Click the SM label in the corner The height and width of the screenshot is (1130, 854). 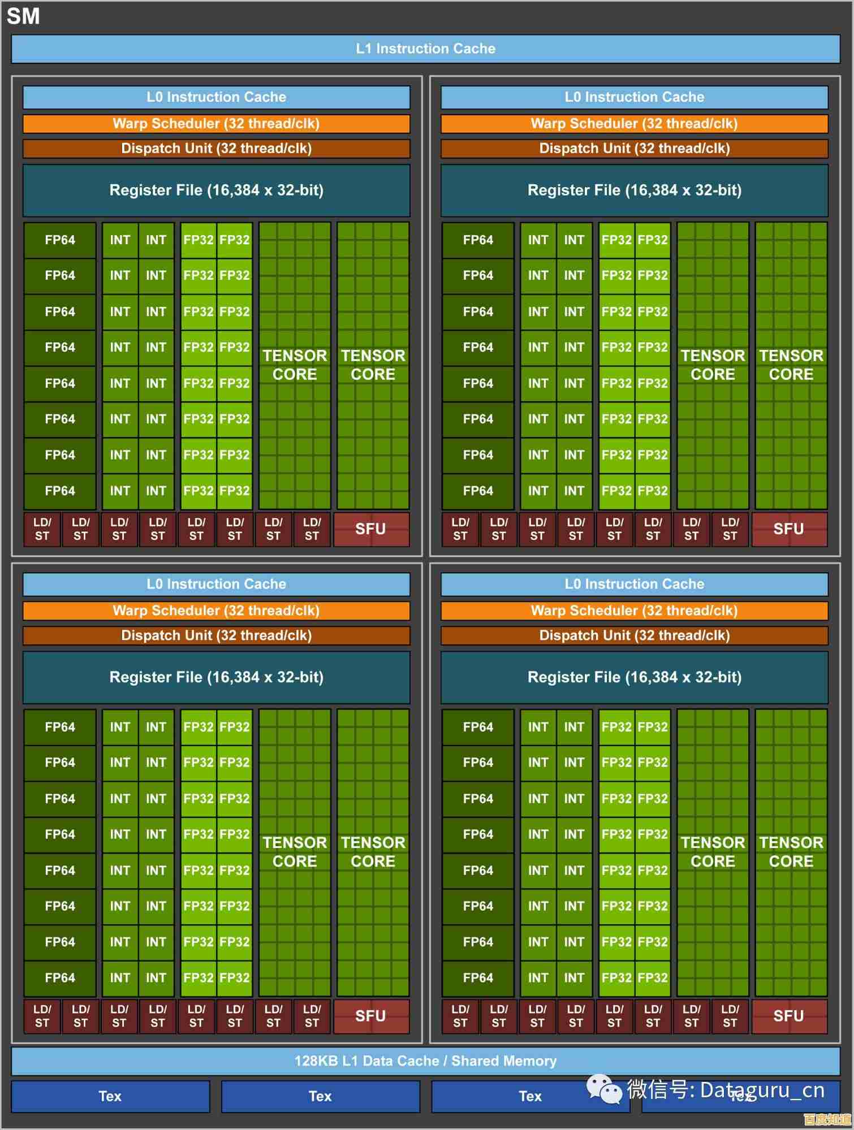23,16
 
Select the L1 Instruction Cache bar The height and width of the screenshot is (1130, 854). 425,49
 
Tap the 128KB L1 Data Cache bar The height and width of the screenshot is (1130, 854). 425,1060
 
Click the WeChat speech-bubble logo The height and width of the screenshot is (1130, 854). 603,1089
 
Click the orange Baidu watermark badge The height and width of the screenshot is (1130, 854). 827,1119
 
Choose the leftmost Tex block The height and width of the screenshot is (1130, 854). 110,1096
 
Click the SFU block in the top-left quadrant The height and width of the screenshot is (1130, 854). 371,529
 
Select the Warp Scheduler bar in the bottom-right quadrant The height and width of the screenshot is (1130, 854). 634,611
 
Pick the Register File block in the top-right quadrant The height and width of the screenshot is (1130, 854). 634,190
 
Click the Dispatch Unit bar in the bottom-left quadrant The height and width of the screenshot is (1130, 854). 216,635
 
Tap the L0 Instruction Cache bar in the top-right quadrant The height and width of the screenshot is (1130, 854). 634,97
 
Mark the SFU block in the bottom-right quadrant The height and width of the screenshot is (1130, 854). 789,1016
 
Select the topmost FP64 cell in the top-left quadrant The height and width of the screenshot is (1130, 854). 60,240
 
